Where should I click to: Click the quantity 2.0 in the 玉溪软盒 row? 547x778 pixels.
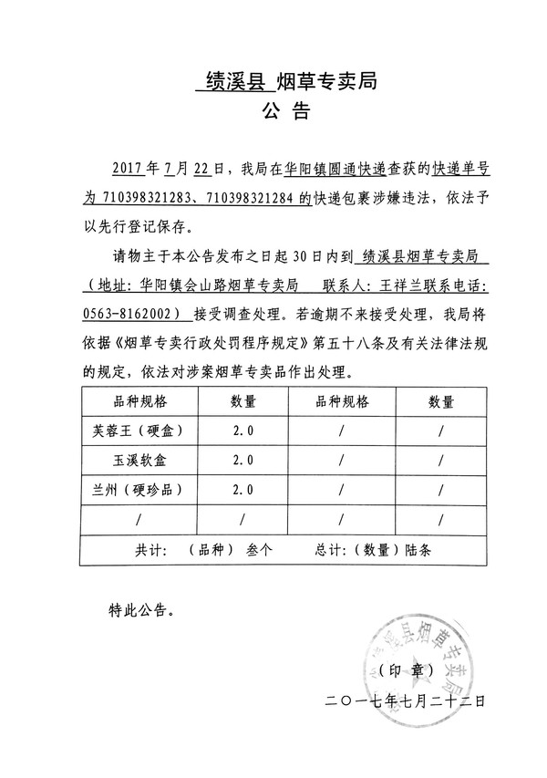(243, 460)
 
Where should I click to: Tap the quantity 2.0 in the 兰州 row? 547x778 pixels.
(243, 489)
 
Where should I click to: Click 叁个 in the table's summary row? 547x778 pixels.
(260, 550)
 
